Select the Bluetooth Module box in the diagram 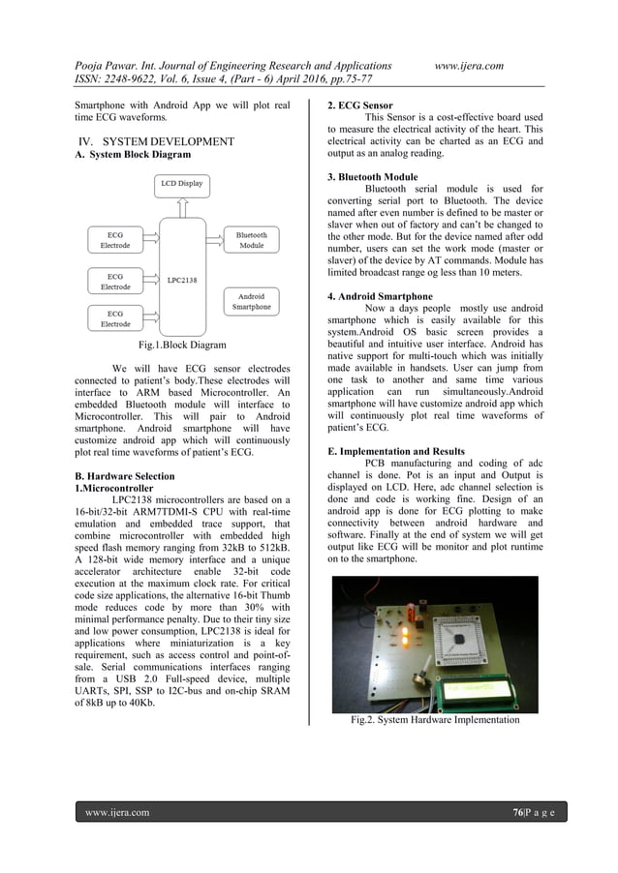click(x=251, y=239)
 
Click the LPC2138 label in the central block click(x=181, y=281)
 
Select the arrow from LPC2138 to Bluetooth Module click(x=214, y=239)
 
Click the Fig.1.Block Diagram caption click(x=183, y=345)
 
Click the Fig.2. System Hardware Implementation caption click(x=435, y=719)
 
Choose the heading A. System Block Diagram click(x=132, y=155)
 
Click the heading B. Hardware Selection click(x=125, y=476)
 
